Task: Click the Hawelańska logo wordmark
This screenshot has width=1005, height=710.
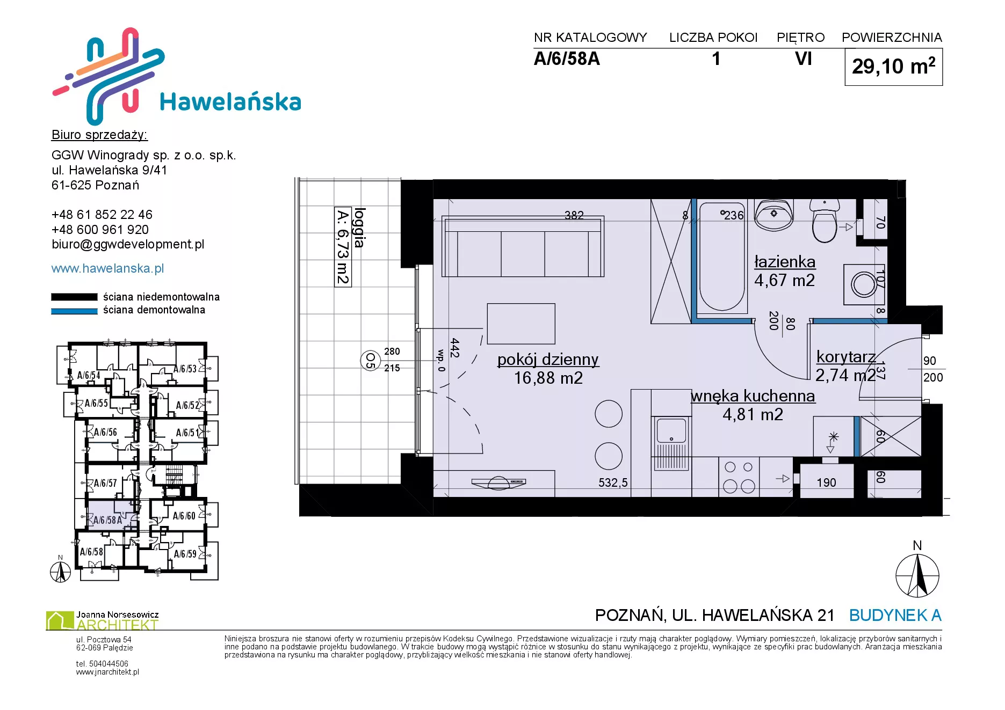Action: (230, 101)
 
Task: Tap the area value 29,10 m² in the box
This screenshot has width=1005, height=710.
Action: (893, 67)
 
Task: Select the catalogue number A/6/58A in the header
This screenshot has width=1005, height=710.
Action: (567, 58)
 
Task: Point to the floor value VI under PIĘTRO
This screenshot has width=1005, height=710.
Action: (804, 58)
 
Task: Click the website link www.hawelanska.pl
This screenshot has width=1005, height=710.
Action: (107, 268)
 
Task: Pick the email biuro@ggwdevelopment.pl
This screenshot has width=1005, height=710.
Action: (128, 244)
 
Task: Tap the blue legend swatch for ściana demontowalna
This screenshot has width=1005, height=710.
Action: (74, 311)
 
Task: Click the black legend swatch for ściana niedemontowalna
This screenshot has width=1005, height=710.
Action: (74, 297)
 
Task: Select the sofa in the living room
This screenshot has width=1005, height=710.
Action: (523, 246)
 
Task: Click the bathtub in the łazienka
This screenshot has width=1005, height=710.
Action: (722, 257)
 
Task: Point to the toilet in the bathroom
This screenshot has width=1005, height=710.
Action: (825, 221)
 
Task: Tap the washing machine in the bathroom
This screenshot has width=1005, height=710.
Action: (864, 284)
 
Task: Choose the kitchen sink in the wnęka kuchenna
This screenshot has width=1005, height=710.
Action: (671, 443)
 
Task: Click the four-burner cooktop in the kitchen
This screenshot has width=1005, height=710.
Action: (739, 477)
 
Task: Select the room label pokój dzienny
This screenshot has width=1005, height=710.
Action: (548, 360)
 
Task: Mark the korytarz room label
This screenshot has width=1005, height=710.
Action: (846, 357)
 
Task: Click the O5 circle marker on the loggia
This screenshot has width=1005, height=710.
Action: (370, 360)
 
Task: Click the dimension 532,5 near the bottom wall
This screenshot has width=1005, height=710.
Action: (613, 482)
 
